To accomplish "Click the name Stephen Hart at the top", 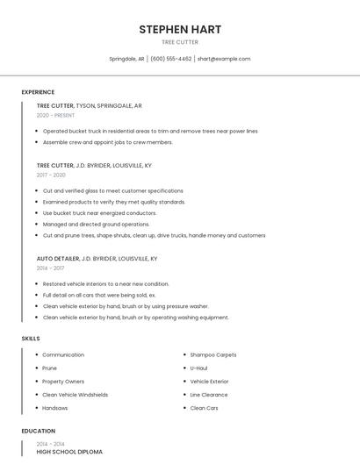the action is pos(180,30).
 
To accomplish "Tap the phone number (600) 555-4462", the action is pos(170,59).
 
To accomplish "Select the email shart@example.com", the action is pos(224,59).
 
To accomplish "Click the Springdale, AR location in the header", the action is pos(126,59).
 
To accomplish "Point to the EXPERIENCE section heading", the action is pos(38,92).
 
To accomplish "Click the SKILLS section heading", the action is pos(31,338).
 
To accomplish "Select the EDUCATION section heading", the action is pos(38,431).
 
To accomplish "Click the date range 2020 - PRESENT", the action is pos(55,115).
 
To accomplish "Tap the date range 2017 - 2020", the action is pos(51,175).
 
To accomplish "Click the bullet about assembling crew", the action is pos(107,142).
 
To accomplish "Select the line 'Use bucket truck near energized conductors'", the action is pos(99,213).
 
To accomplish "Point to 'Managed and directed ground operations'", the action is pos(96,224).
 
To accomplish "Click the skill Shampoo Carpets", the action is pos(213,355).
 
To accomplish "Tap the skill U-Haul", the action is pos(198,368).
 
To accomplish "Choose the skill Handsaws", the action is pos(55,408).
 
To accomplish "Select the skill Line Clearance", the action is pos(209,395).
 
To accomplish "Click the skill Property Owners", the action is pos(63,382).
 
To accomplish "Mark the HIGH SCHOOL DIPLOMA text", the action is pos(69,452).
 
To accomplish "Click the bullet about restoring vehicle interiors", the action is pos(105,284).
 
